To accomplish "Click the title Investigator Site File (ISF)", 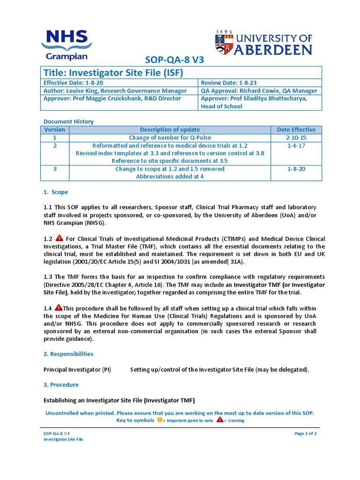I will (113, 73).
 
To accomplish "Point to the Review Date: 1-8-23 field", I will (227, 83).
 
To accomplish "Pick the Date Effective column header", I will (296, 130).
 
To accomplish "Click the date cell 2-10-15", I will (296, 138).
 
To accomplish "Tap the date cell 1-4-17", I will (296, 146).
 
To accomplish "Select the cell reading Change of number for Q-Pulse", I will (170, 138).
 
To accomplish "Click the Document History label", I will (68, 121).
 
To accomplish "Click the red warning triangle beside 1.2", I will (59, 238).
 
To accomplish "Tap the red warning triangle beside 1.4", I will (59, 307).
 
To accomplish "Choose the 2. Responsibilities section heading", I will (68, 354).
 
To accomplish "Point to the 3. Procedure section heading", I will (61, 385).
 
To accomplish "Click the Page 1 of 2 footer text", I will (306, 434).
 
